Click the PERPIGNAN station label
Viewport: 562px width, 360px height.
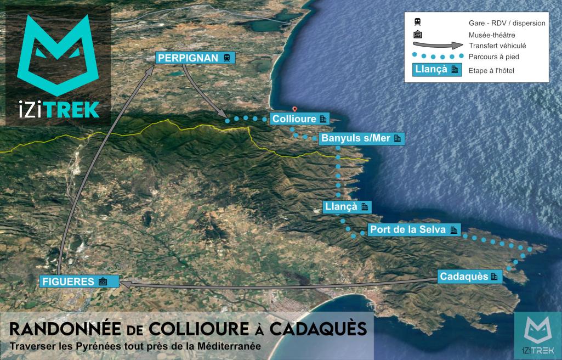tap(195, 58)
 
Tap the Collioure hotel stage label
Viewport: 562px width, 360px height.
tap(299, 119)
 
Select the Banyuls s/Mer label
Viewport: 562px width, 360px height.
tap(362, 138)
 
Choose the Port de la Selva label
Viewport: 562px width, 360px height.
tap(413, 229)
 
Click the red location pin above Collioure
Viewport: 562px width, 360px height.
tap(294, 109)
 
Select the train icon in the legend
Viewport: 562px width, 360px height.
tap(418, 22)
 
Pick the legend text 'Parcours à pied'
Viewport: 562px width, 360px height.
tap(493, 57)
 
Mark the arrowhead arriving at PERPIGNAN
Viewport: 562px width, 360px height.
tap(152, 69)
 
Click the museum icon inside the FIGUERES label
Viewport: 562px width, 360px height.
tap(103, 282)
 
